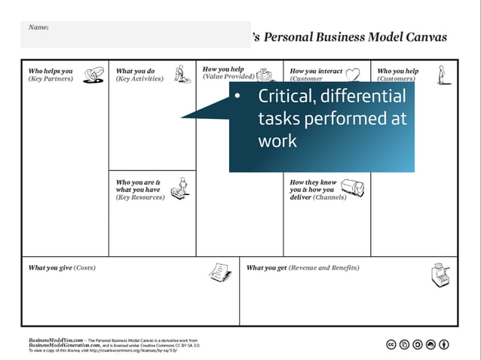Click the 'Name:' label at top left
[x=38, y=27]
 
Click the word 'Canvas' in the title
[x=423, y=37]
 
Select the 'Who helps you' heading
[x=51, y=72]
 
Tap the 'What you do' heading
[x=135, y=72]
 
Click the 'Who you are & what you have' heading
[x=138, y=186]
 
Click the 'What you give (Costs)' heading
[x=62, y=267]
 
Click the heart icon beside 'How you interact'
[x=352, y=73]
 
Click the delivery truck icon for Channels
[x=352, y=188]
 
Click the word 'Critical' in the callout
[x=286, y=96]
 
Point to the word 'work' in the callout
[x=277, y=141]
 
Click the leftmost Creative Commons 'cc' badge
[x=391, y=345]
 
